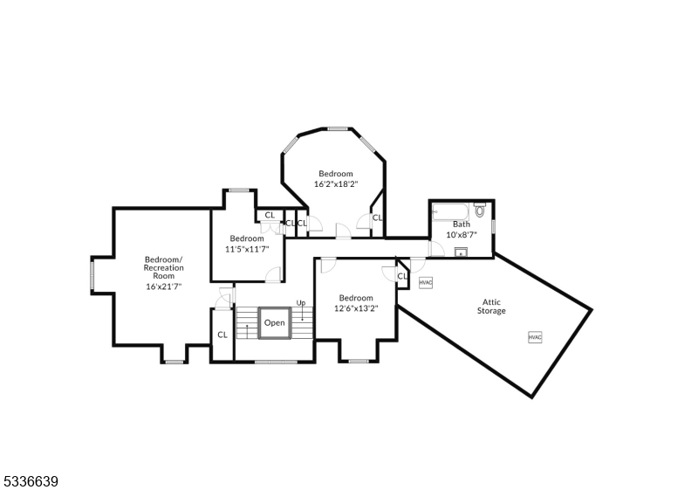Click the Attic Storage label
(491, 306)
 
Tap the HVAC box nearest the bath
(426, 282)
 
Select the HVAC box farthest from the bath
(534, 337)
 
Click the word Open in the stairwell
(274, 322)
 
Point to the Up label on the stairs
(301, 303)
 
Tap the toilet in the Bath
(480, 210)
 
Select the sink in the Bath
(461, 253)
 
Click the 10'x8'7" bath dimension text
(461, 234)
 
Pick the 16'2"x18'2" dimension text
(337, 183)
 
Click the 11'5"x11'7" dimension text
(249, 249)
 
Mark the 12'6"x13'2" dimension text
(356, 307)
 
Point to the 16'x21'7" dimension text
(164, 286)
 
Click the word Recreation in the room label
(164, 267)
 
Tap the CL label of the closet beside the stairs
(222, 334)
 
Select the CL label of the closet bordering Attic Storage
(402, 276)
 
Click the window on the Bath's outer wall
(493, 227)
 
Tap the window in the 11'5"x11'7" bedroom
(238, 190)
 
